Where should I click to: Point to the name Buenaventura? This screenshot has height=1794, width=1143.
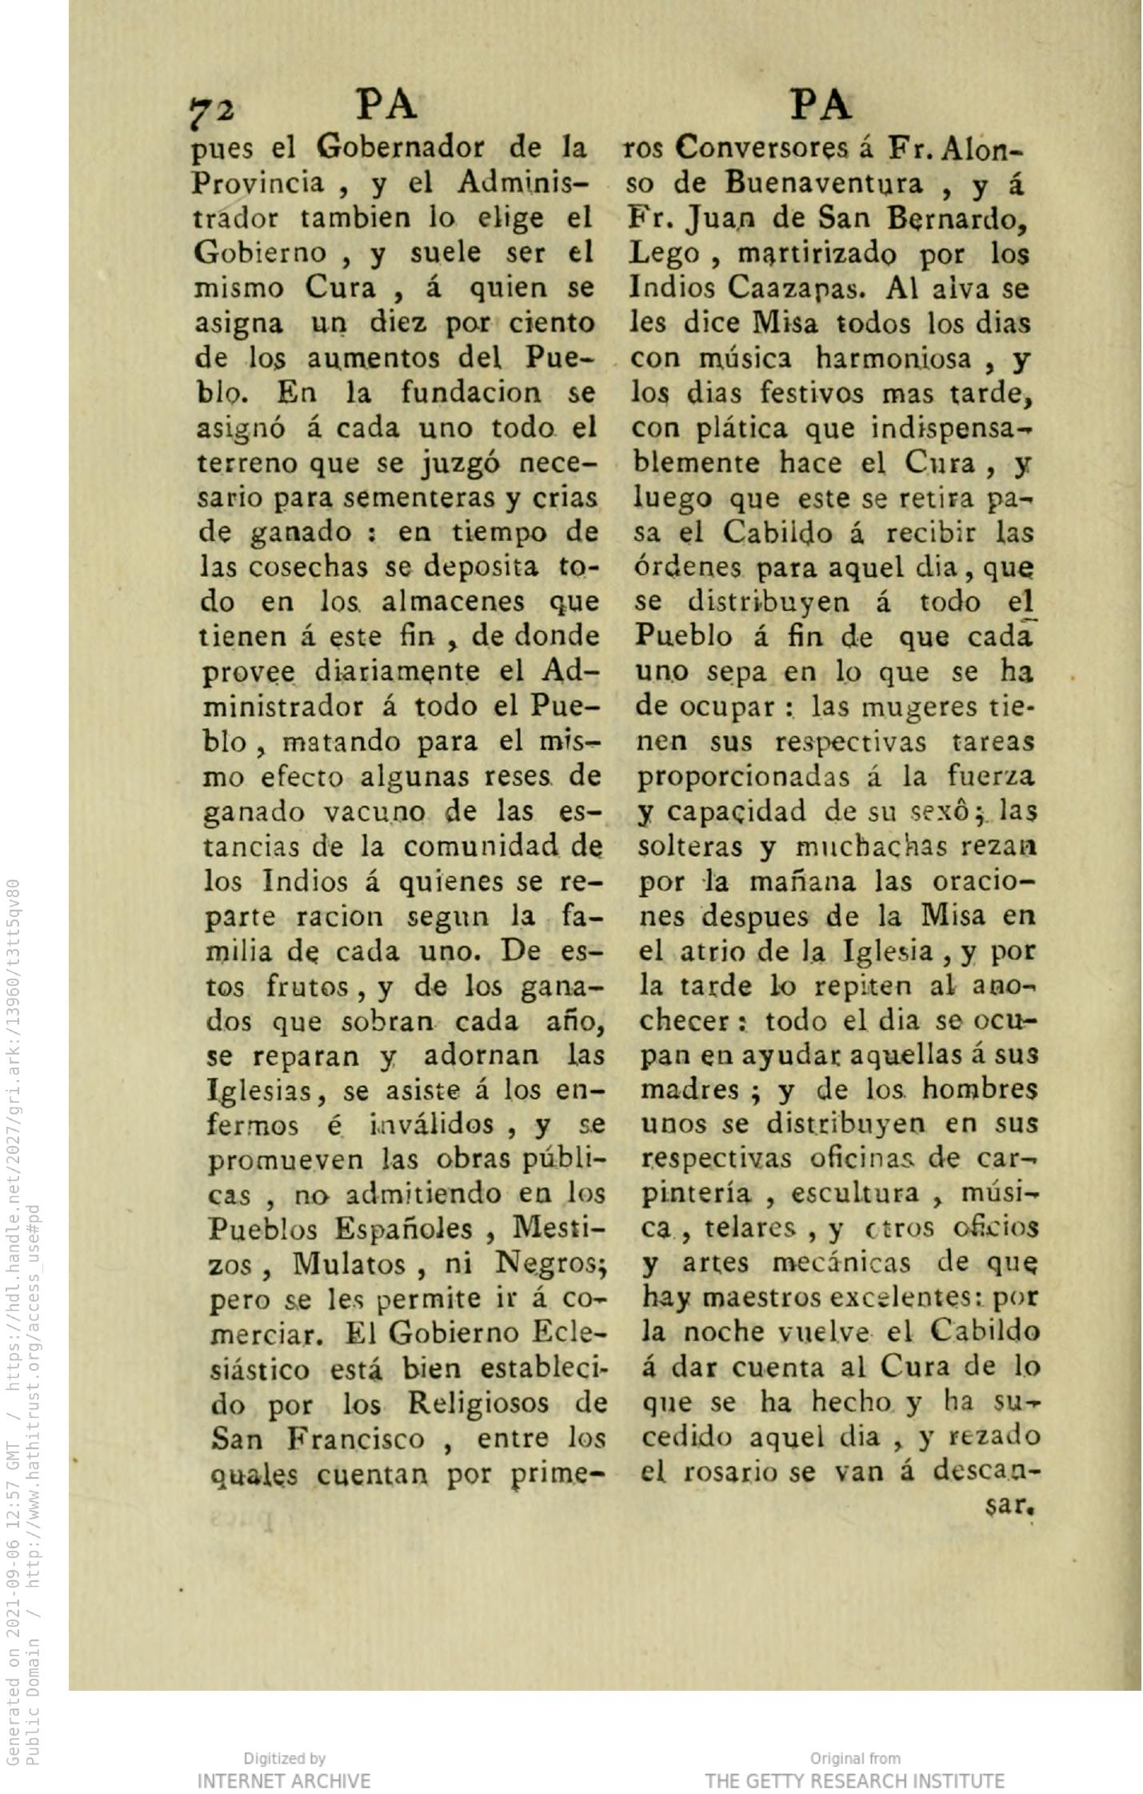point(825,184)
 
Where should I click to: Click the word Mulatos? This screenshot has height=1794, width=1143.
point(349,1265)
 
